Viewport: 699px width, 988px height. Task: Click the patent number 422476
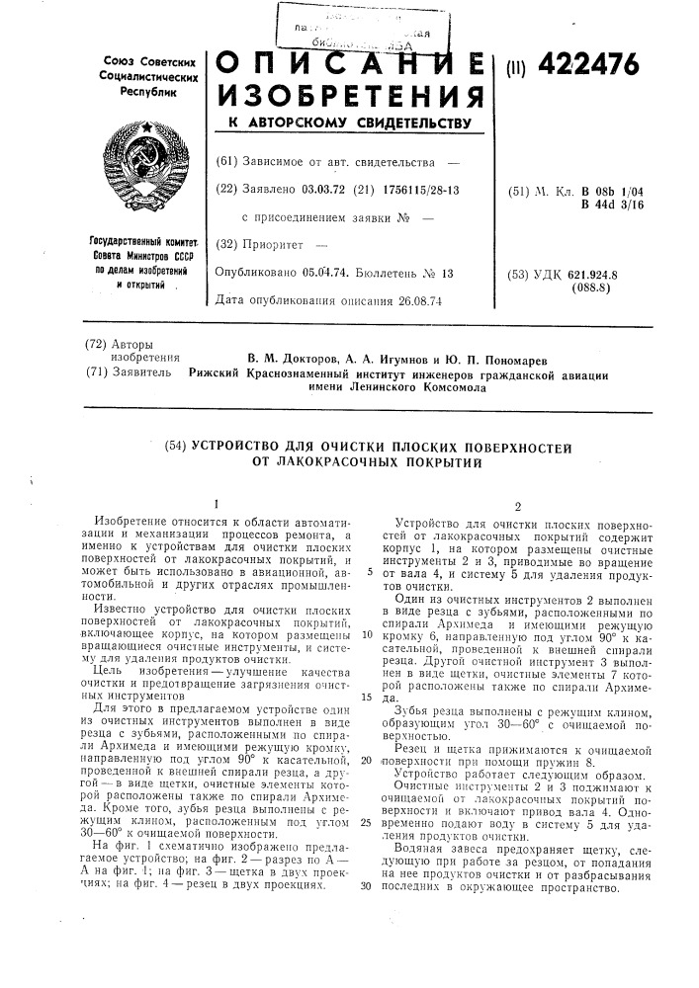pyautogui.click(x=584, y=65)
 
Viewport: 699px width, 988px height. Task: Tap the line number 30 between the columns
pyautogui.click(x=365, y=884)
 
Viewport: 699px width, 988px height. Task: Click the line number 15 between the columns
pyautogui.click(x=365, y=697)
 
